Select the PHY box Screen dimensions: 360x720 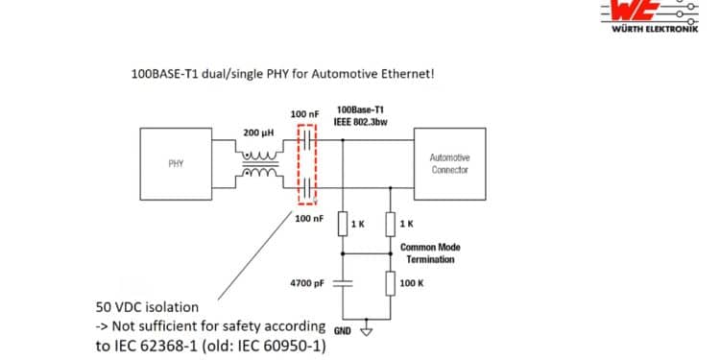(x=177, y=164)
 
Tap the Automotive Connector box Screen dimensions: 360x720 (x=449, y=164)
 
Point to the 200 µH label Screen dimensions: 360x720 (x=260, y=132)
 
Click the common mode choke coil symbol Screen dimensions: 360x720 (x=260, y=164)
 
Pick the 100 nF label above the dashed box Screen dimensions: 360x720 (x=304, y=114)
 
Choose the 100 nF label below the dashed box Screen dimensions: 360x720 (x=308, y=219)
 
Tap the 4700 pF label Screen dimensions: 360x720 (x=308, y=283)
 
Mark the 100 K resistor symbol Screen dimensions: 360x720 (x=391, y=283)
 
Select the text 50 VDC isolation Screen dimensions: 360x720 (x=146, y=307)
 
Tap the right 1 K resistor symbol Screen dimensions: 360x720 (x=391, y=224)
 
